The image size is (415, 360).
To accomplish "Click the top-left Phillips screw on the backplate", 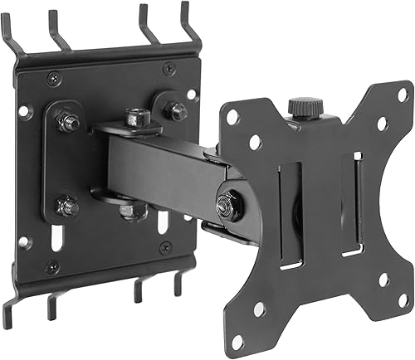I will pyautogui.click(x=53, y=77).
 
